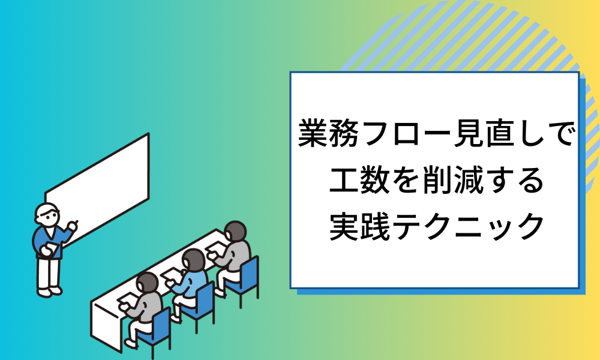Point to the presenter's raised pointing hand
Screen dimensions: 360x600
point(73,226)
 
